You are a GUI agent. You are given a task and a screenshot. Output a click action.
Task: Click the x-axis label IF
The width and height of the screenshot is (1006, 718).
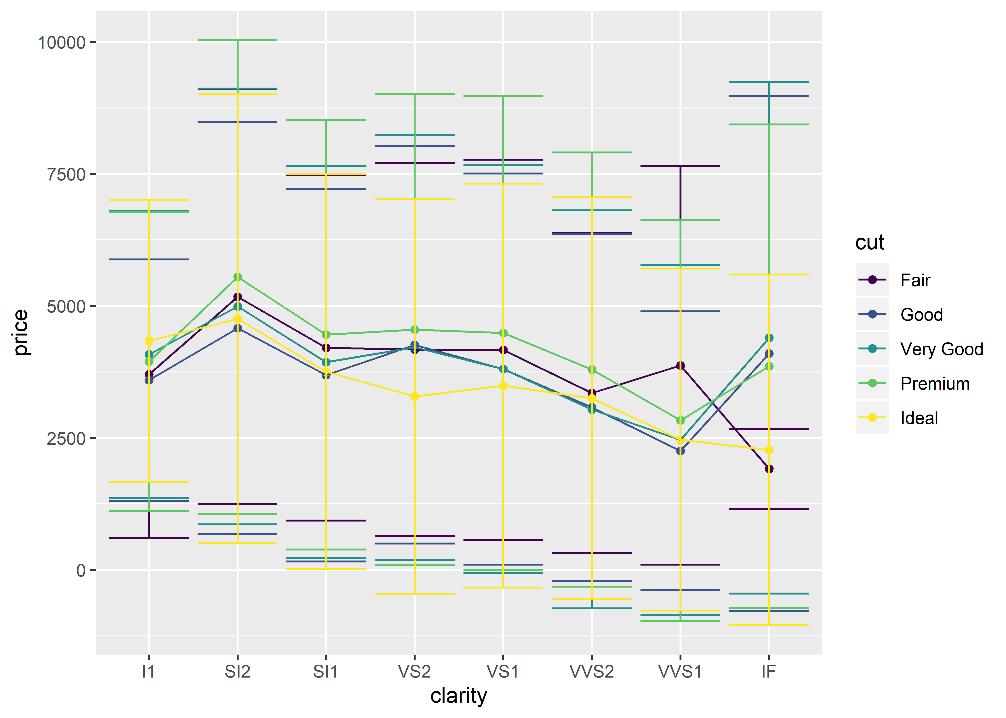[769, 672]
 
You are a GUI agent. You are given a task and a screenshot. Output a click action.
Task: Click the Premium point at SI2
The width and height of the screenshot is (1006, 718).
[238, 277]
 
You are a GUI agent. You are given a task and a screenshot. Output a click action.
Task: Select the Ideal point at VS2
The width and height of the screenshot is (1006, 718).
[415, 397]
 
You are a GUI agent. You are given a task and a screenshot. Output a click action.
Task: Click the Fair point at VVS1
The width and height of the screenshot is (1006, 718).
[680, 366]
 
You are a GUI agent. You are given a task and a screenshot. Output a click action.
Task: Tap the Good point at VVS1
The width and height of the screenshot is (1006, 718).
[680, 451]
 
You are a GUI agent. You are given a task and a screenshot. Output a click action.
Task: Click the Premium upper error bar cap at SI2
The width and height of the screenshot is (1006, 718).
[238, 40]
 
